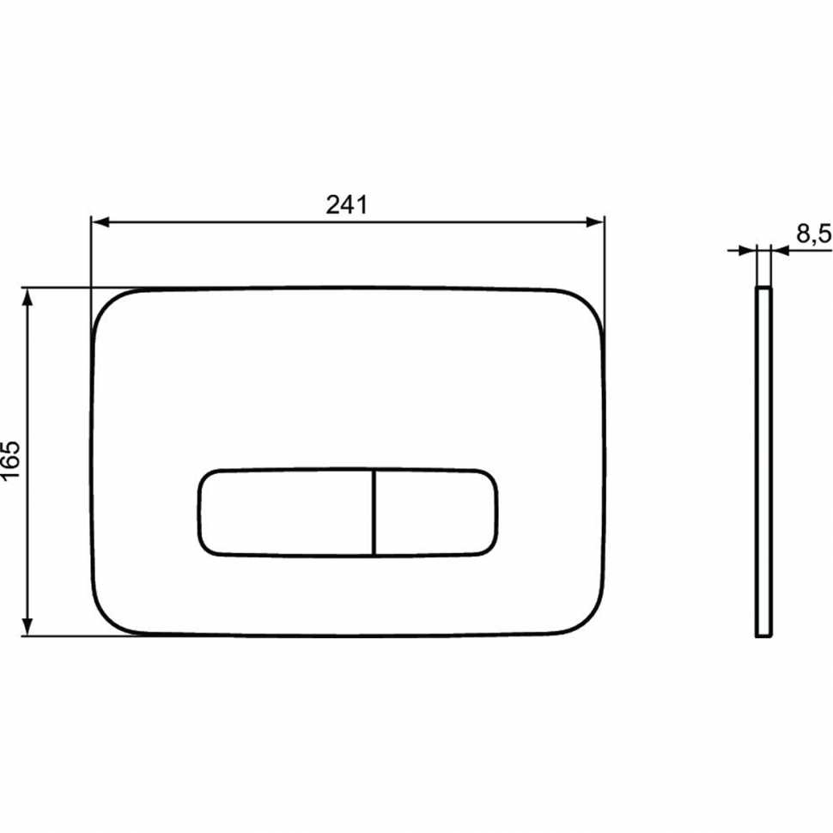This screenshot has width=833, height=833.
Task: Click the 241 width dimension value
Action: [347, 204]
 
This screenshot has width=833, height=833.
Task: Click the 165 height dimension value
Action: [11, 462]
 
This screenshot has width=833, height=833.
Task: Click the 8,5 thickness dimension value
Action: [812, 234]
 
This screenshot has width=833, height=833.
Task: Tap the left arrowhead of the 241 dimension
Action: [100, 222]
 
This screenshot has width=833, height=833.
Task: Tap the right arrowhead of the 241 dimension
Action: [597, 222]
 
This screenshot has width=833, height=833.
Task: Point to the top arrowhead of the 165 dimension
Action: [28, 297]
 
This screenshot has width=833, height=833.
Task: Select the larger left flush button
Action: [286, 512]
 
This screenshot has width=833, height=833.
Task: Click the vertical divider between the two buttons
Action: [374, 512]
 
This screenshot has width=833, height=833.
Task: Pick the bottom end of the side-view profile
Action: [763, 636]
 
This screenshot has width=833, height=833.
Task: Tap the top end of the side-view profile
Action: [763, 290]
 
